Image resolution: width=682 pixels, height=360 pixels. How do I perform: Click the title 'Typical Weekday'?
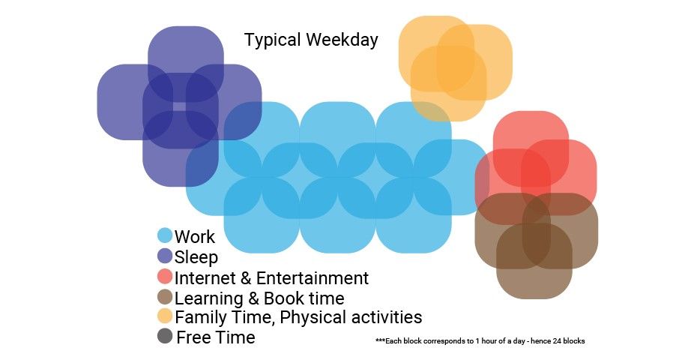311,40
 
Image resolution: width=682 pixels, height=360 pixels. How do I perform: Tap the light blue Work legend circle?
165,235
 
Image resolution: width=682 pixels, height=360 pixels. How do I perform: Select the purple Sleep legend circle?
165,256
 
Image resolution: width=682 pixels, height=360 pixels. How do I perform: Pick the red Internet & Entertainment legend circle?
165,276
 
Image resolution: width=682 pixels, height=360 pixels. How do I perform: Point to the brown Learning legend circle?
165,296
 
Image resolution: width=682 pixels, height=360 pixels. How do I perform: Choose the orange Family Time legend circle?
165,316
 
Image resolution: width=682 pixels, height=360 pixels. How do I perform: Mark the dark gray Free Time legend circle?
165,336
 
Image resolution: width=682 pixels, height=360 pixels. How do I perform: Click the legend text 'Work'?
195,237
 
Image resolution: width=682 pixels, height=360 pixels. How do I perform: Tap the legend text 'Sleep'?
196,257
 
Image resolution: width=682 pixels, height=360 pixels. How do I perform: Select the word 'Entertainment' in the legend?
313,278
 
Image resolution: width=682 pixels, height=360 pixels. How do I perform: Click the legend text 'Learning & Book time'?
259,298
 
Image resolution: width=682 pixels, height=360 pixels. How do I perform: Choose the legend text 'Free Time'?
216,337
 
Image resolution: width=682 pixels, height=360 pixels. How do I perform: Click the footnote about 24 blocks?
480,341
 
